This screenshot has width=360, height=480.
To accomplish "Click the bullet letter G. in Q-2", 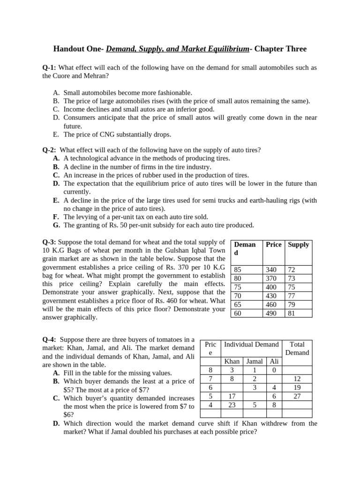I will [56, 225].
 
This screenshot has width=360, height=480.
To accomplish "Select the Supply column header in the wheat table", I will [298, 245].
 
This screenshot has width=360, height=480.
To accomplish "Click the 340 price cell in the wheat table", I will [271, 270].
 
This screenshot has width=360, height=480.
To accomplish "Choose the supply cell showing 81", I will [292, 313].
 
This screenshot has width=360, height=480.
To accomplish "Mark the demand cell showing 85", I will [238, 270].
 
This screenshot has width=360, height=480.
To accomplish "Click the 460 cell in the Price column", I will [271, 304].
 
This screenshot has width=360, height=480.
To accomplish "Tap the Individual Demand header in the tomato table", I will [251, 345].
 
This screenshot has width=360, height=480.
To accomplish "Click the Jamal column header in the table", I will [255, 361].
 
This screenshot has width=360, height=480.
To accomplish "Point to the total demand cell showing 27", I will [297, 396].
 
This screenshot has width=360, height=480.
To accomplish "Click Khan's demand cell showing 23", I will [232, 405].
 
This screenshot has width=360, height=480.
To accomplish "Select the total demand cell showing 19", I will [297, 387].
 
